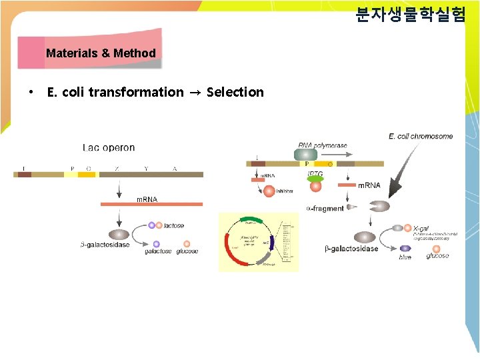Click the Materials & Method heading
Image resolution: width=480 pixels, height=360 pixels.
(x=101, y=53)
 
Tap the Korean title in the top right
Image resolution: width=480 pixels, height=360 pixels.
(x=410, y=15)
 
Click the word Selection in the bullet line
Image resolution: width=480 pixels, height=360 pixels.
(x=235, y=92)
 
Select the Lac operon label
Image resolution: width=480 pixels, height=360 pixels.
(x=109, y=148)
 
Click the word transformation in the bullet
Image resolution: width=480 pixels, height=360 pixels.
(x=135, y=92)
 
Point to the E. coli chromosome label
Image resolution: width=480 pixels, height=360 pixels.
(x=420, y=136)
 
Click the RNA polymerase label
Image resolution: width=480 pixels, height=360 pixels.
(x=323, y=145)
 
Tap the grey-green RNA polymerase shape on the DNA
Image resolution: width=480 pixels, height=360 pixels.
(x=306, y=155)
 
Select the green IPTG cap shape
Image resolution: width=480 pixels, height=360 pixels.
(x=315, y=179)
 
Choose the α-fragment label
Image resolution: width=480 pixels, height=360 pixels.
(x=325, y=209)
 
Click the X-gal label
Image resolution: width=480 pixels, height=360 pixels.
(x=421, y=228)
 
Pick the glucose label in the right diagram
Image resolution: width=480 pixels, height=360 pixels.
(x=437, y=256)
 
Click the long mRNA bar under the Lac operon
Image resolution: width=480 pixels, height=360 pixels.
(x=151, y=204)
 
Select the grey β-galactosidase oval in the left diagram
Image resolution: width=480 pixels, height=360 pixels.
(x=119, y=235)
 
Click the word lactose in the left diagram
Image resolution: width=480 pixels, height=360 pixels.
(x=173, y=226)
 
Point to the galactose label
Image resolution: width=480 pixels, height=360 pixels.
(x=158, y=252)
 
